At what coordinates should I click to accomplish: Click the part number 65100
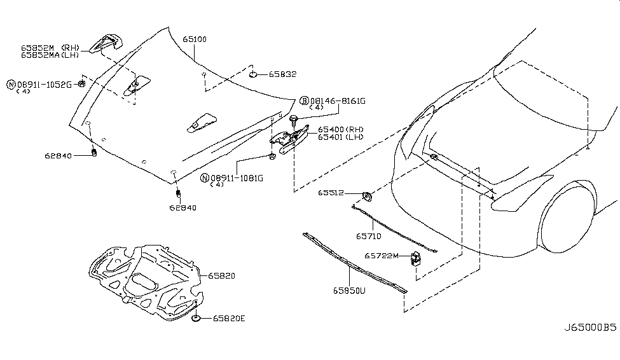pyautogui.click(x=195, y=39)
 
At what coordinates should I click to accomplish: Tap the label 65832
pyautogui.click(x=282, y=74)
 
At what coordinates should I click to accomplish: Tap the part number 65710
pyautogui.click(x=369, y=235)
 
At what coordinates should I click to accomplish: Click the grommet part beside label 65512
pyautogui.click(x=367, y=195)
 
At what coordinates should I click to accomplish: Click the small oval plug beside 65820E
pyautogui.click(x=197, y=317)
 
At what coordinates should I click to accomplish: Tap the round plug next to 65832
pyautogui.click(x=254, y=75)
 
